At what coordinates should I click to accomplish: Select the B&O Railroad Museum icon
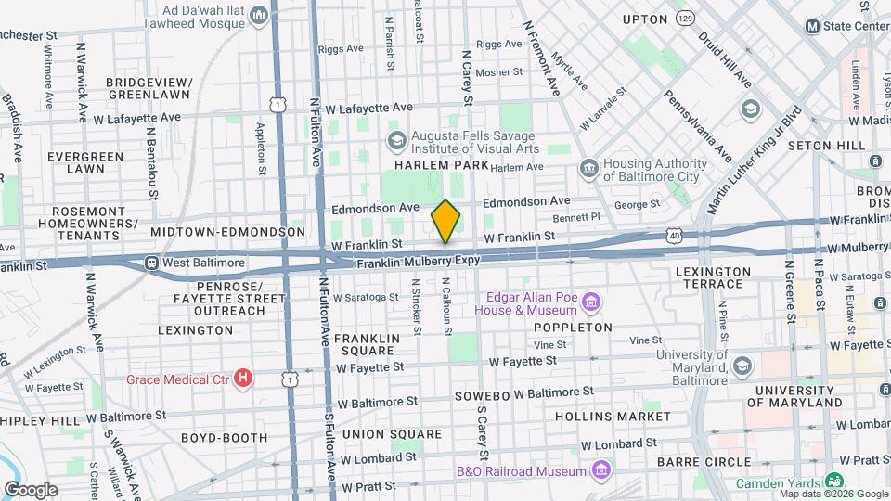600,470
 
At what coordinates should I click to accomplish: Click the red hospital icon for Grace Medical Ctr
243,378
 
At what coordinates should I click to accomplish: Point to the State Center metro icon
813,26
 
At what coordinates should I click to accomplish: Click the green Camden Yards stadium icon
834,482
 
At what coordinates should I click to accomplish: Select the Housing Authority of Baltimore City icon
588,168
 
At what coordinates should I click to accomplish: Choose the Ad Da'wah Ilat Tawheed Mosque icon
259,15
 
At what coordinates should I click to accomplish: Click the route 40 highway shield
673,237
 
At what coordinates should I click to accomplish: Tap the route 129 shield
711,18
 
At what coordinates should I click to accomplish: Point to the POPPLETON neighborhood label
573,328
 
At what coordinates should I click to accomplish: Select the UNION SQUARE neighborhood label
392,433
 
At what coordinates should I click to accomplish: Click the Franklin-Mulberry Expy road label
419,263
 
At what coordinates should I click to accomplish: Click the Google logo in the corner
32,489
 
